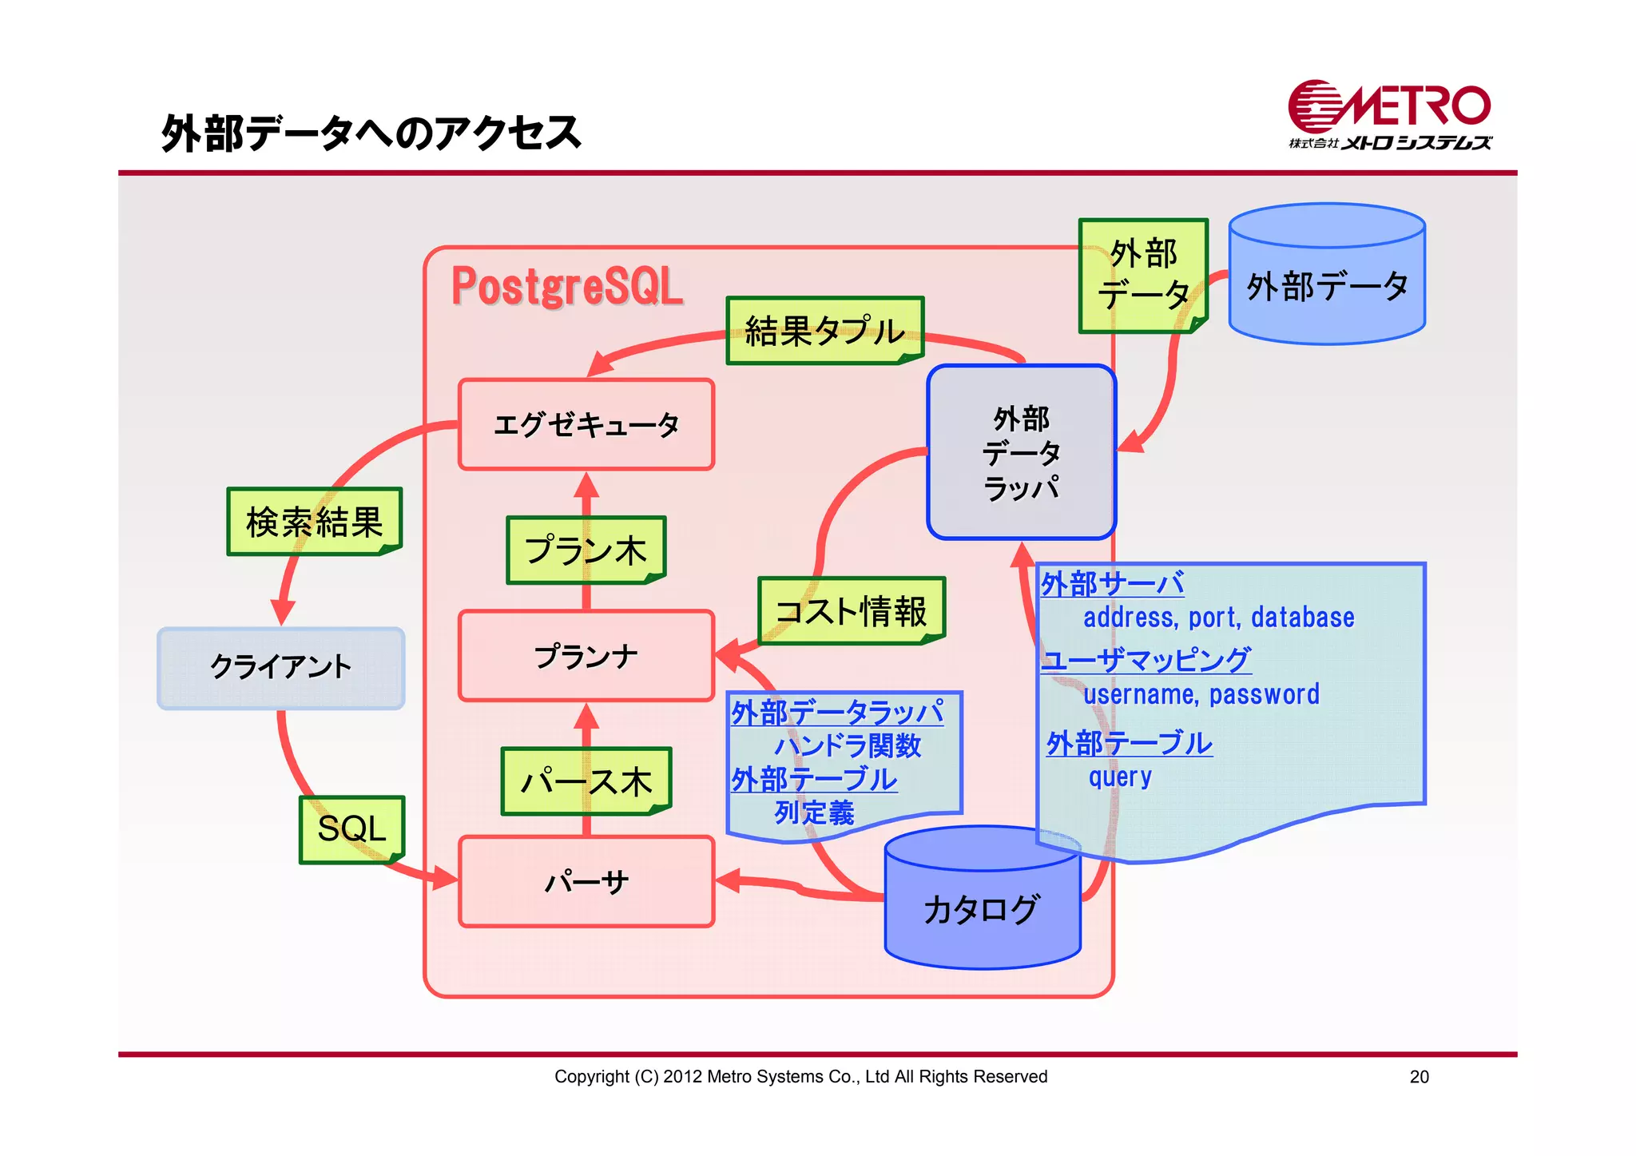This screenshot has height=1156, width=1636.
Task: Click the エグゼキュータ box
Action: (586, 424)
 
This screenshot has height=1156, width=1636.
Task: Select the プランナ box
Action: (586, 656)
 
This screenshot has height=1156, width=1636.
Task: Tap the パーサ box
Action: (586, 882)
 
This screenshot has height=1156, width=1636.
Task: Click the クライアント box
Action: (280, 668)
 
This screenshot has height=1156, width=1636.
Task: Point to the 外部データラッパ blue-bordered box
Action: (1021, 452)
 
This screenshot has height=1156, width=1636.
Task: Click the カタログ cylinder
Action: (982, 911)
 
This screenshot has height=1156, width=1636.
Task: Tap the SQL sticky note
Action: (351, 828)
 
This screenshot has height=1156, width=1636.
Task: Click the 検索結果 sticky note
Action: (314, 522)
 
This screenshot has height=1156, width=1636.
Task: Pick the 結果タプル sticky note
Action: (824, 331)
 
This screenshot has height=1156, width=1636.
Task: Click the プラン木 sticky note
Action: (586, 550)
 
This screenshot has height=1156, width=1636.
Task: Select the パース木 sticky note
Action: (586, 781)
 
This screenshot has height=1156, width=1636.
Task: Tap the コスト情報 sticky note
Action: (852, 611)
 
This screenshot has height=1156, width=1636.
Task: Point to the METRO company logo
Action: (1389, 115)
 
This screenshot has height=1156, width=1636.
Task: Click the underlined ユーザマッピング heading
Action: (1146, 659)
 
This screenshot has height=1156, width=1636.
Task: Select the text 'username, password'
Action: (1201, 694)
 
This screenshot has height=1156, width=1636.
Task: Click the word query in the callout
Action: (1120, 777)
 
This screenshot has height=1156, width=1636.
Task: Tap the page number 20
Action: (1419, 1077)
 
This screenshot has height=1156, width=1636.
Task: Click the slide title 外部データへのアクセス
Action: (371, 133)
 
